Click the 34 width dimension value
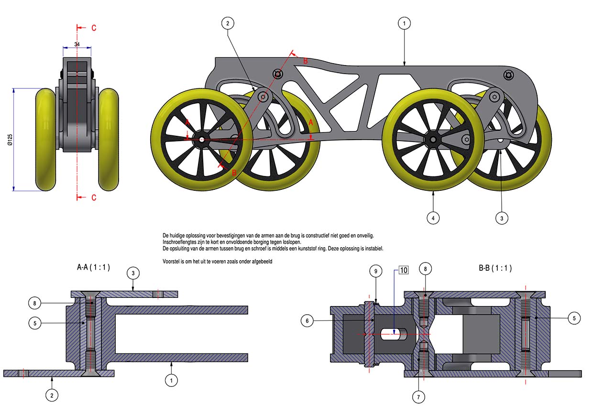(77, 44)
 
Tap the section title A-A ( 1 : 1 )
(93, 268)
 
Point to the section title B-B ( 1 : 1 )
(495, 268)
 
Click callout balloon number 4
(433, 218)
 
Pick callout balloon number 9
(376, 271)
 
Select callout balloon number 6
(307, 321)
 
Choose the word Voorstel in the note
(174, 262)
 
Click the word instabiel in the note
(372, 249)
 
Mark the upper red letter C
(94, 28)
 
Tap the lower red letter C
(94, 198)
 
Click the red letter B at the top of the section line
(306, 61)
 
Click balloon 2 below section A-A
(52, 395)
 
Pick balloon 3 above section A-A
(133, 273)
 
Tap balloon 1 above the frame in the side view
(404, 23)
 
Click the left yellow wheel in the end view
(46, 139)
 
